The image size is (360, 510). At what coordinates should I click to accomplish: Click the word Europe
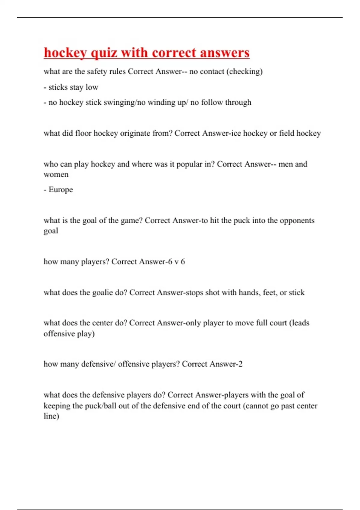point(61,190)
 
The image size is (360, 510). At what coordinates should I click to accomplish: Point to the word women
point(56,175)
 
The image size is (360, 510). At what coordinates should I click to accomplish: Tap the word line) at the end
point(51,416)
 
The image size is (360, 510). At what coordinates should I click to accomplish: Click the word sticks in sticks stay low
point(58,87)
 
